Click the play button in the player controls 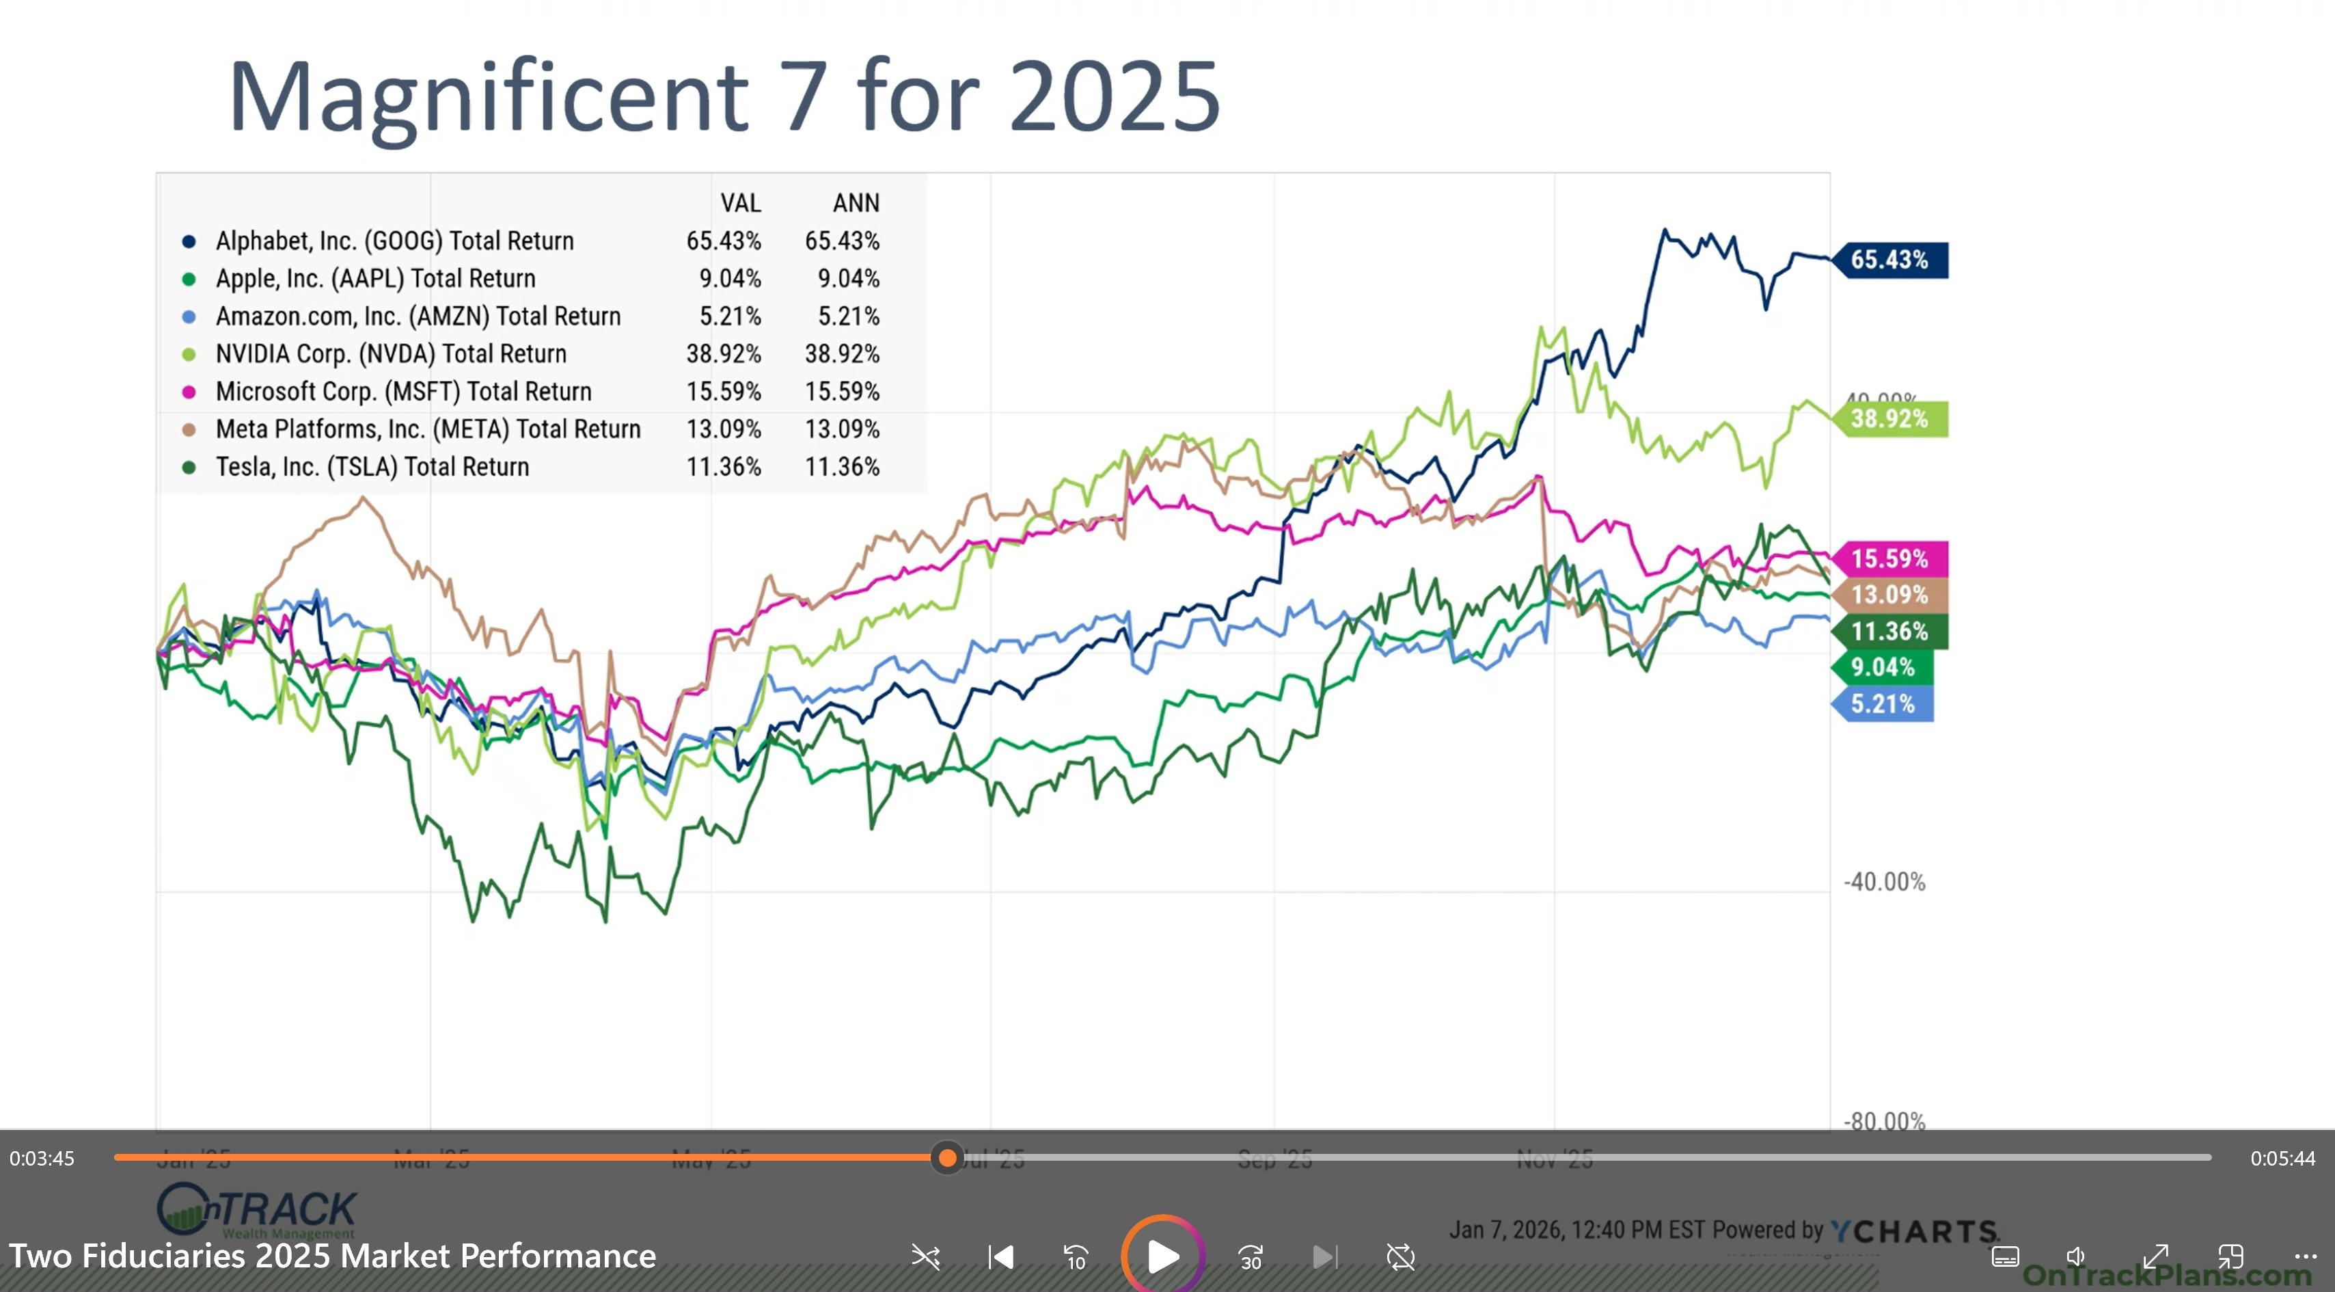point(1162,1256)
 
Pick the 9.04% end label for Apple point(1882,668)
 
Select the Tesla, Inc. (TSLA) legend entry point(372,467)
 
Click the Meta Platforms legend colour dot point(189,430)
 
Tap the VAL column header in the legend point(741,203)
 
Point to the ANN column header point(856,203)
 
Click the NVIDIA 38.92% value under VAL point(724,353)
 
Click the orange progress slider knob point(947,1158)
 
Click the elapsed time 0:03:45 point(42,1159)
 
